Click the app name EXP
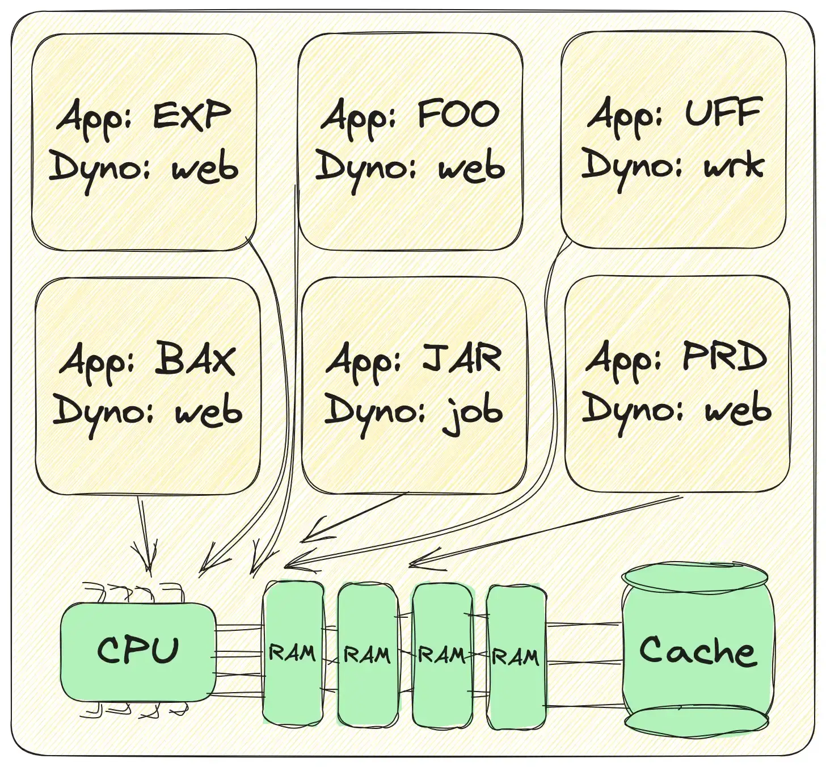(x=192, y=116)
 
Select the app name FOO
(x=458, y=115)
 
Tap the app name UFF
(x=723, y=113)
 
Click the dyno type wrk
(x=734, y=165)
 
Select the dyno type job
(x=472, y=412)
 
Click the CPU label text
(x=138, y=650)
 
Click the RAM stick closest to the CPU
(x=292, y=652)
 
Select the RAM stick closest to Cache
(x=516, y=656)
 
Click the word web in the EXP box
(x=205, y=168)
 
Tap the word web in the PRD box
(x=738, y=410)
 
